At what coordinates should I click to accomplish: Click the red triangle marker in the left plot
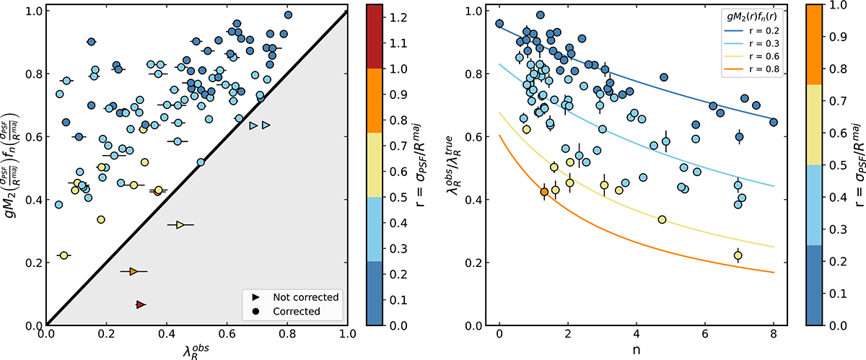pyautogui.click(x=140, y=305)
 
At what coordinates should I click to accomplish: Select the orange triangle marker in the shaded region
pyautogui.click(x=133, y=271)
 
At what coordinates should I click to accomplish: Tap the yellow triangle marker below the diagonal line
pyautogui.click(x=180, y=225)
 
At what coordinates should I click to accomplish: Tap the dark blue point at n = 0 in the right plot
pyautogui.click(x=499, y=24)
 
